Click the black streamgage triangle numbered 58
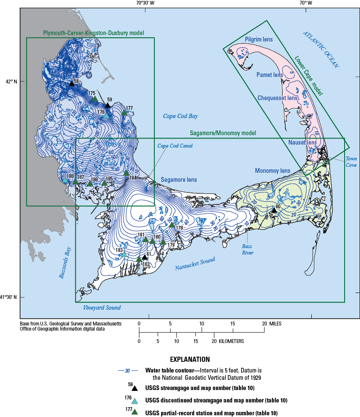click(x=72, y=83)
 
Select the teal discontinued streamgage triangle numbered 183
click(x=124, y=254)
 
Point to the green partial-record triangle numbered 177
click(x=124, y=113)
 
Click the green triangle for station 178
click(x=172, y=225)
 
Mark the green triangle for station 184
click(x=126, y=173)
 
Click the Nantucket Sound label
click(x=195, y=264)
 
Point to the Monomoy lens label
click(x=272, y=171)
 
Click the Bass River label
click(x=248, y=250)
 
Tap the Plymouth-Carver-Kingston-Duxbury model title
click(x=93, y=33)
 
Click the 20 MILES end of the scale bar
click(x=264, y=323)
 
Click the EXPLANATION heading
click(x=190, y=359)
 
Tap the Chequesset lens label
click(x=277, y=98)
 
